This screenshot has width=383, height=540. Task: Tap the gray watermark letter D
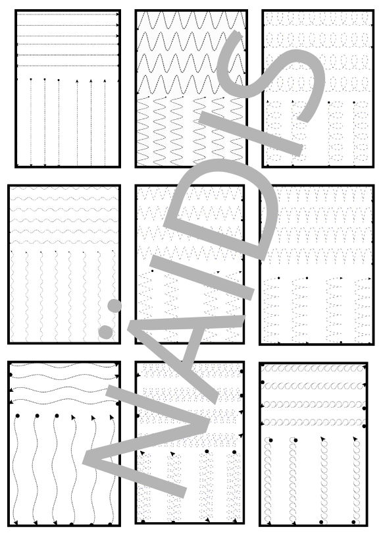[220, 210]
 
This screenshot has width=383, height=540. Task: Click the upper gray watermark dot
[115, 306]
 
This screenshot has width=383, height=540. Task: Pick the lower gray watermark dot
[106, 331]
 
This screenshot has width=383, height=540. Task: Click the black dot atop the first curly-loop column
[270, 440]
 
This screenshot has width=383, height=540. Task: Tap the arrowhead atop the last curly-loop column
[355, 439]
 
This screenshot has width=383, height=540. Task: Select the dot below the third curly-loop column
[321, 522]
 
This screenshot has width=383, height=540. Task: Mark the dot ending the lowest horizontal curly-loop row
[365, 426]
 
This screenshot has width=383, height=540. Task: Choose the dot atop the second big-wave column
[37, 416]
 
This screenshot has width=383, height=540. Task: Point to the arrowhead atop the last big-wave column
[111, 418]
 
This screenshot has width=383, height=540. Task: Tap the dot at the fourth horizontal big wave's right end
[118, 404]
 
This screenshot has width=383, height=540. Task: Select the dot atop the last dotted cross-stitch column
[234, 452]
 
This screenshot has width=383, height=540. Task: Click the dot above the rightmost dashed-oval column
[354, 102]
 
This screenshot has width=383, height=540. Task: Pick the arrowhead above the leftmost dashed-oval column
[268, 101]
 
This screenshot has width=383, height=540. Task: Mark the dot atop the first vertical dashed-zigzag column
[152, 271]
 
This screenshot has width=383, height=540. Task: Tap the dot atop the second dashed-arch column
[307, 278]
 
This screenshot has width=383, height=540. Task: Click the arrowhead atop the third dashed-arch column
[341, 278]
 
